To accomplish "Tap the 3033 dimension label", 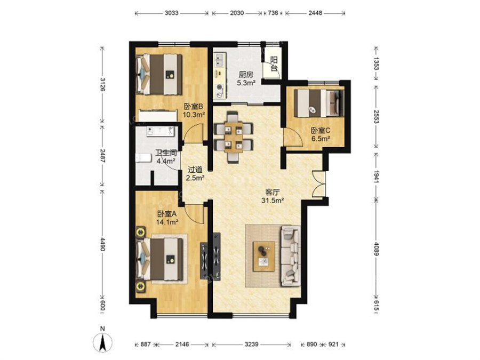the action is (171, 13).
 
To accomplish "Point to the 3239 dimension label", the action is (251, 345).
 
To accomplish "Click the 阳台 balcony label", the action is (274, 64).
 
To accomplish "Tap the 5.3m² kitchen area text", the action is (246, 82).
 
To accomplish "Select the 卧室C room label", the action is (321, 131).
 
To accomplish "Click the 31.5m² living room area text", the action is (273, 201).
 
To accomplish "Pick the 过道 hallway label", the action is (195, 169).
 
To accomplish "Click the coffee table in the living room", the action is (263, 256).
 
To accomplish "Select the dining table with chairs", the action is (234, 137).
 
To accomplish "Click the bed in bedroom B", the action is (159, 74).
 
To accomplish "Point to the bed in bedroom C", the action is (319, 103).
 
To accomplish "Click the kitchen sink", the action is (220, 60).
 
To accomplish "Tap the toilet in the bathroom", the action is (143, 158).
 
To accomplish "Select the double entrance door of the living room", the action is (319, 183).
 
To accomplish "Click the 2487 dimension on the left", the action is (102, 156).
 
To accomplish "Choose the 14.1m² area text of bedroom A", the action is (167, 222).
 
